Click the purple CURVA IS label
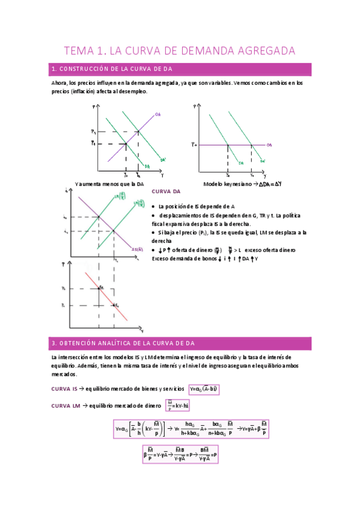pos(64,389)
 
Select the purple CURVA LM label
pos(65,406)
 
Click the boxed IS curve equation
pos(204,389)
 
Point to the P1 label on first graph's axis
pos(93,131)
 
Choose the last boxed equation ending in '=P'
pos(180,454)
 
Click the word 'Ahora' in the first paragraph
pos(59,84)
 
